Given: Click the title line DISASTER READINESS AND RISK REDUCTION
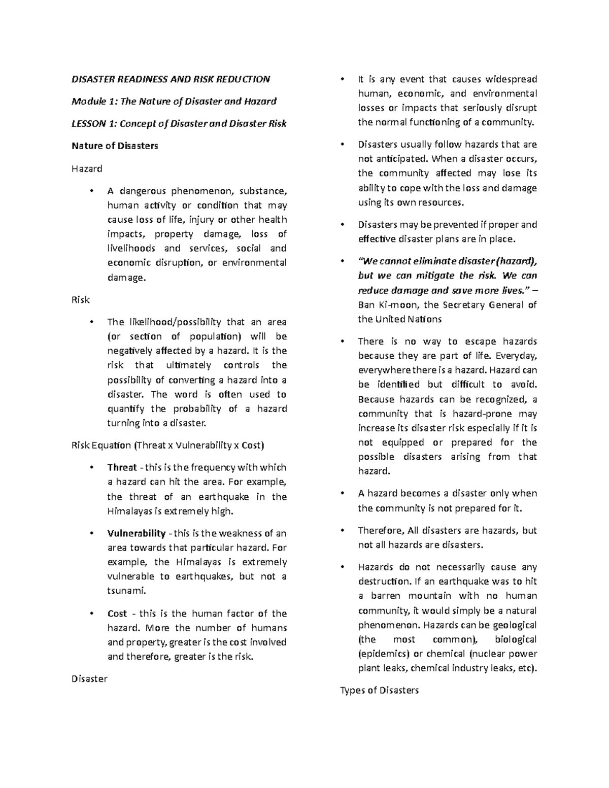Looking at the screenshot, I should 171,79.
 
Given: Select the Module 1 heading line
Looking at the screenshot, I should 174,101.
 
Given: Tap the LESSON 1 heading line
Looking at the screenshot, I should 179,123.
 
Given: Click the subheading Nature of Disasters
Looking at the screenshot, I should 115,146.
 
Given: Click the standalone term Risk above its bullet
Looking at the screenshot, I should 80,300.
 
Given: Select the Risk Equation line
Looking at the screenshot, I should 168,446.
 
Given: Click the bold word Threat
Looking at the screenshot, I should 122,468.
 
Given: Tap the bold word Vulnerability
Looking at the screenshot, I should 136,534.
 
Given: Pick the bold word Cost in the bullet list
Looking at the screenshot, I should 117,614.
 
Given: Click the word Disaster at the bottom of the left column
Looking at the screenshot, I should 89,679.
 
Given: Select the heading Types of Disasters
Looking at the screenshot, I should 379,691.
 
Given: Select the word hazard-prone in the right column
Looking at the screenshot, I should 474,414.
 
